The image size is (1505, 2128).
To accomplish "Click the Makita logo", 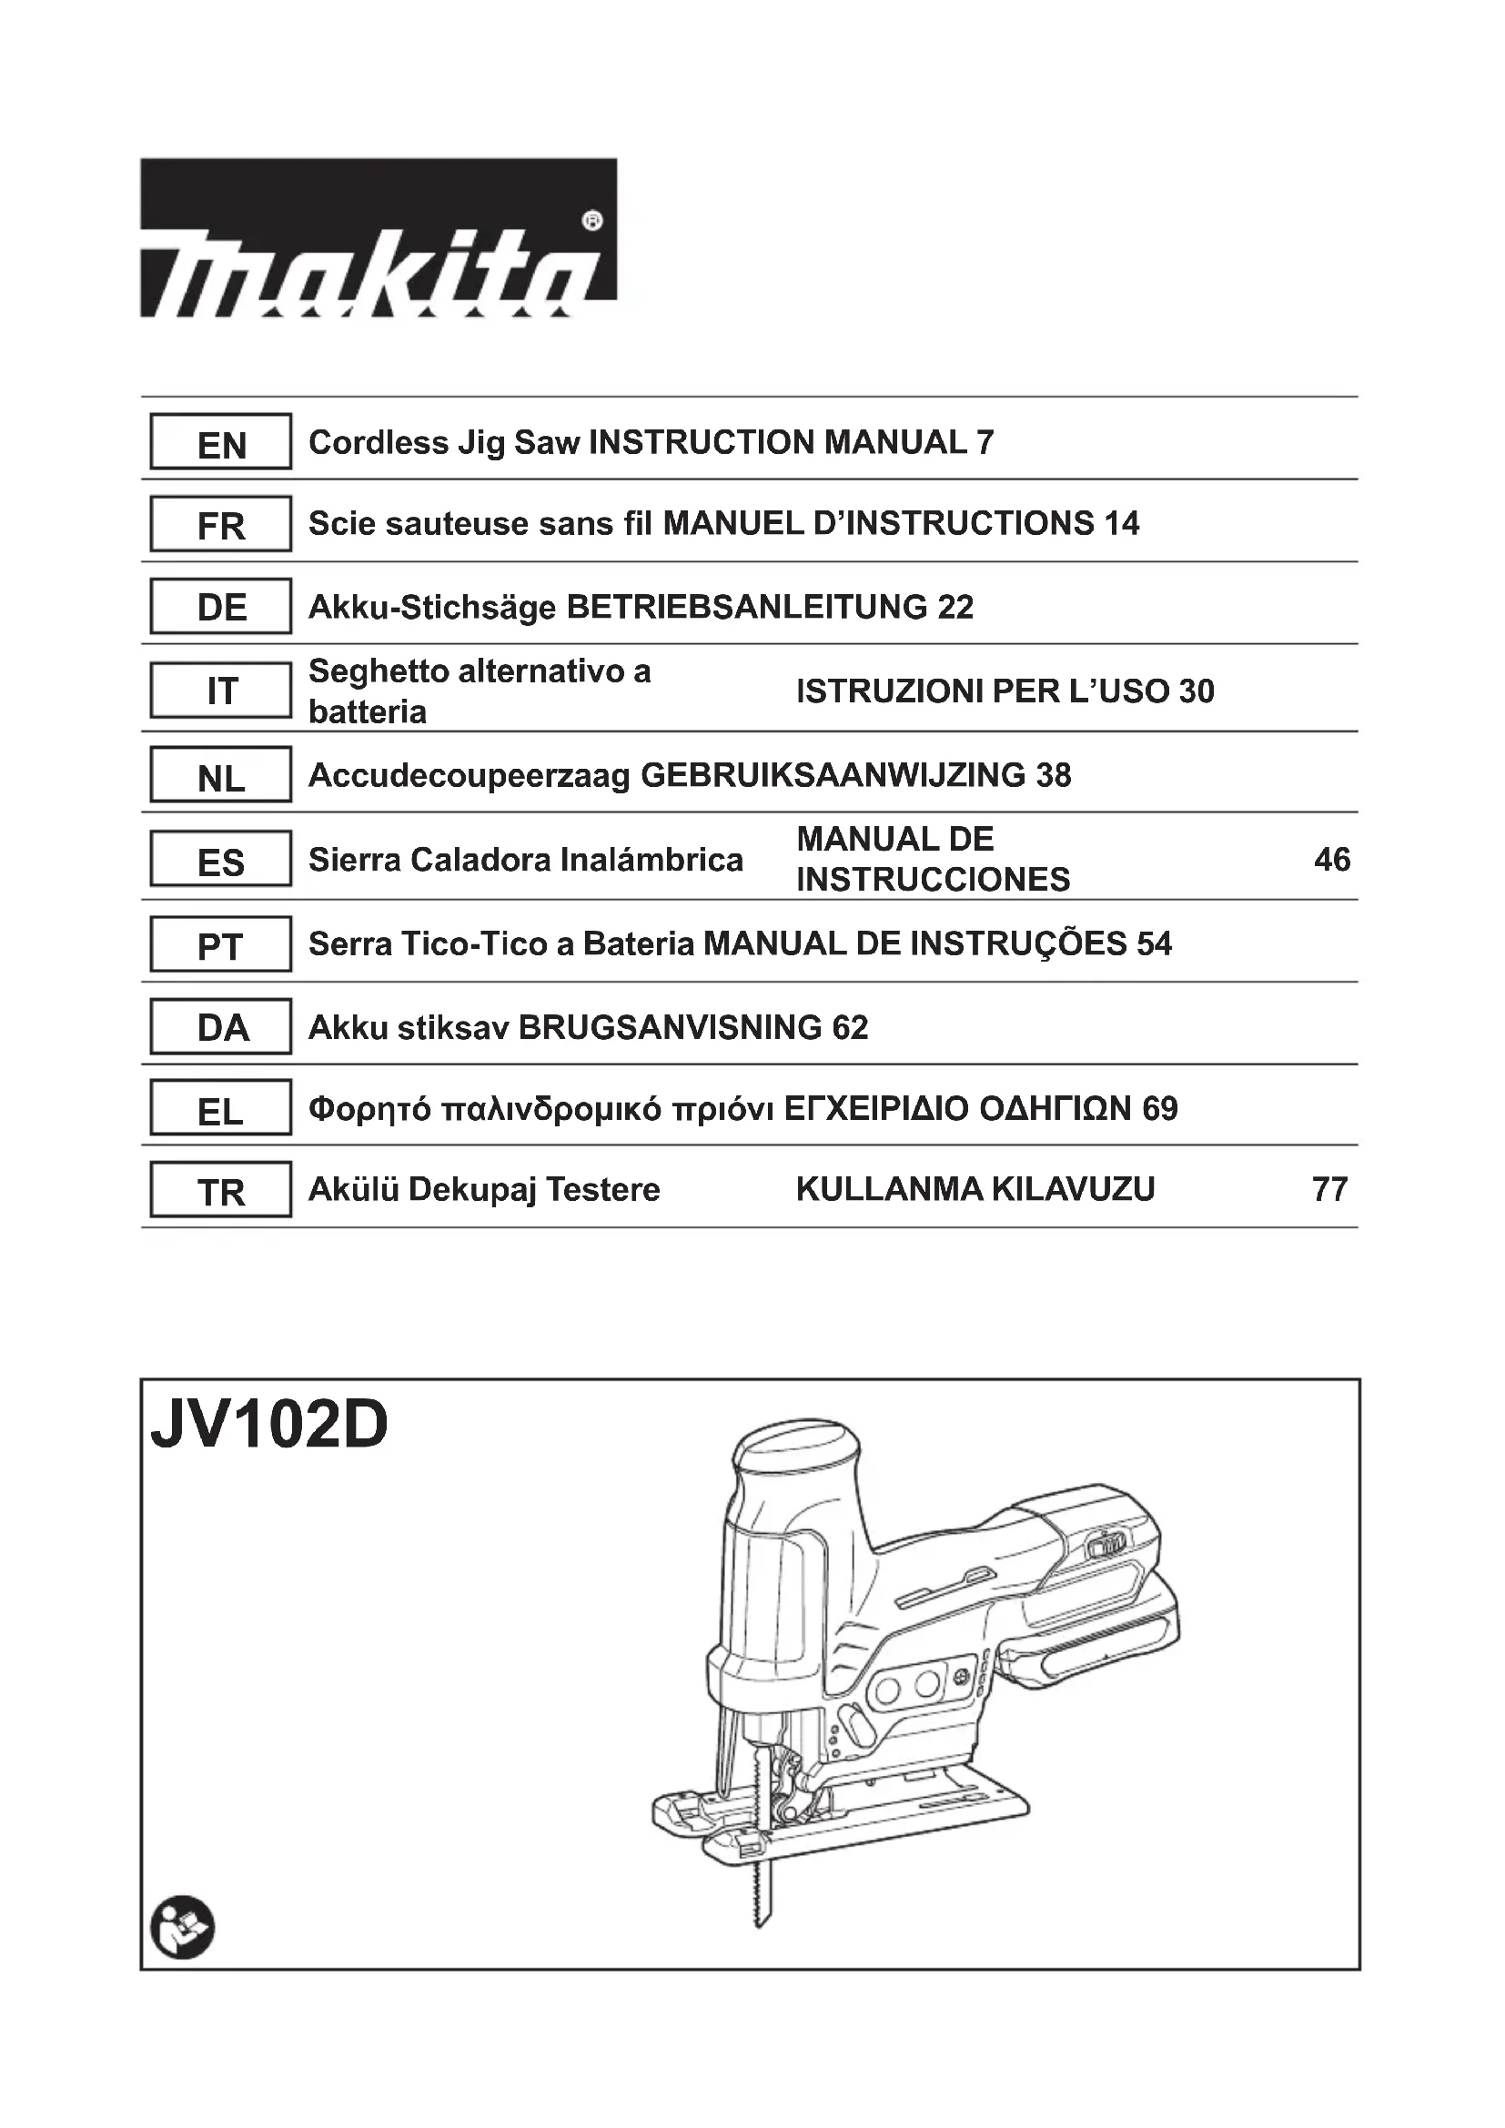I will [x=379, y=239].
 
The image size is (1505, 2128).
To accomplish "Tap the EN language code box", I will [x=221, y=443].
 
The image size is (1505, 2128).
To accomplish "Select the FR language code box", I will [x=221, y=525].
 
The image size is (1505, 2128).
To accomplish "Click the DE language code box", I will [x=221, y=607].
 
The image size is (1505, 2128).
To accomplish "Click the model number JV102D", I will [x=269, y=1427].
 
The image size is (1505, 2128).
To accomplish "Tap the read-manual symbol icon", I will [x=183, y=1927].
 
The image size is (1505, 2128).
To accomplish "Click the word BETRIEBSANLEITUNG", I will [x=747, y=608].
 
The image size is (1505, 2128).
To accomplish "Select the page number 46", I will [x=1332, y=860].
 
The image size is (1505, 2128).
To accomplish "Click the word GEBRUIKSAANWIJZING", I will [x=833, y=776].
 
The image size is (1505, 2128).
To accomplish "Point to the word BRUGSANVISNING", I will [x=670, y=1028].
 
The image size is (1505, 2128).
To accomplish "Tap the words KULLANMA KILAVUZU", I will [x=975, y=1189].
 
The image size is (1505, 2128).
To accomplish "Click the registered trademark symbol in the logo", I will [x=593, y=221].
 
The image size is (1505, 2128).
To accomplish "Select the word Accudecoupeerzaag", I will [x=469, y=776].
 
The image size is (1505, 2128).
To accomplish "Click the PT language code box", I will [x=221, y=945].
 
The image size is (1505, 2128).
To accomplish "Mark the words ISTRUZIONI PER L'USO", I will [x=986, y=691].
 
